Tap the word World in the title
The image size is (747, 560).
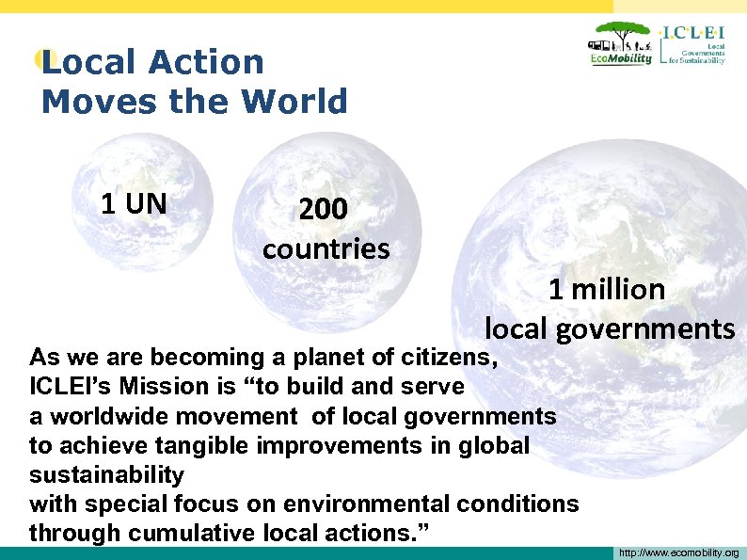(x=300, y=102)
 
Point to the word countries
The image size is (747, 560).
(x=326, y=249)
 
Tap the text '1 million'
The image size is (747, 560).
(x=607, y=289)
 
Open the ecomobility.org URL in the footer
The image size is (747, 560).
(x=678, y=552)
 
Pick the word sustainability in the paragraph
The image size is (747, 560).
(x=106, y=474)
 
